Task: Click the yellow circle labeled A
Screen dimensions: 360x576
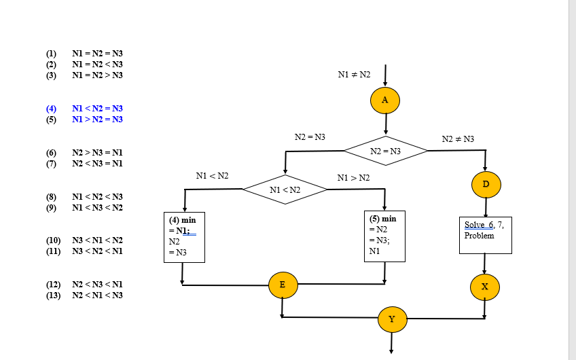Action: tap(385, 101)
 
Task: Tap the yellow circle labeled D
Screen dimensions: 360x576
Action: tap(486, 183)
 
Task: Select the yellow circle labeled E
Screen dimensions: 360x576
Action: tap(283, 285)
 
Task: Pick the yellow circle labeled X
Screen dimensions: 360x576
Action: tap(484, 287)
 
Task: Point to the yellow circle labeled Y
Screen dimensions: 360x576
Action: tap(392, 319)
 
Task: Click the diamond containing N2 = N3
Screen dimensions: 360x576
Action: tap(385, 151)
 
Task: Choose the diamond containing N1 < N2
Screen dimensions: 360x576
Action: tap(285, 190)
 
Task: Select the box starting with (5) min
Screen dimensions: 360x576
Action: tap(385, 236)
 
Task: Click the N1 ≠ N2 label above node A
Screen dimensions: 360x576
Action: tap(354, 73)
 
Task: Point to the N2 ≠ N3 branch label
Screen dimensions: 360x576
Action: tap(458, 139)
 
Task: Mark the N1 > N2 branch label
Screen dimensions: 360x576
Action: tap(353, 178)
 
